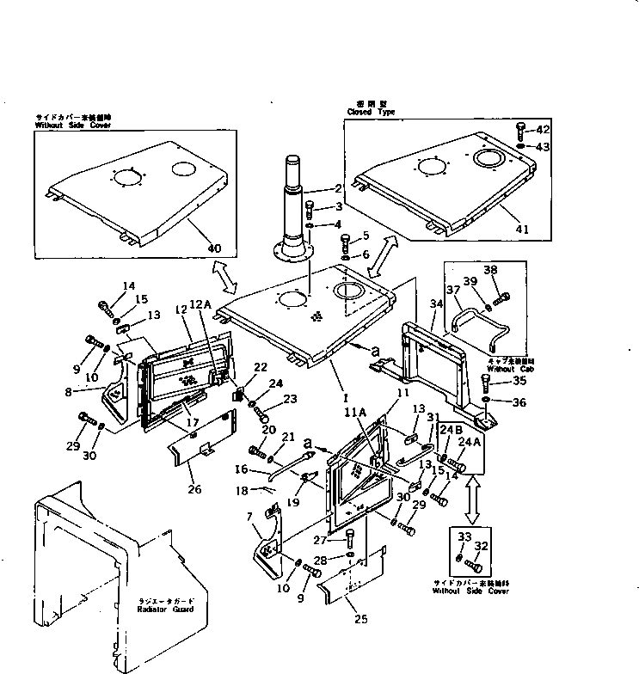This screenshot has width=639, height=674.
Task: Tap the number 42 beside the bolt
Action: click(x=543, y=129)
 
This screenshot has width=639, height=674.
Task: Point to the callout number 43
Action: click(x=543, y=147)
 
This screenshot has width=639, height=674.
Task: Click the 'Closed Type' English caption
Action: click(x=371, y=112)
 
